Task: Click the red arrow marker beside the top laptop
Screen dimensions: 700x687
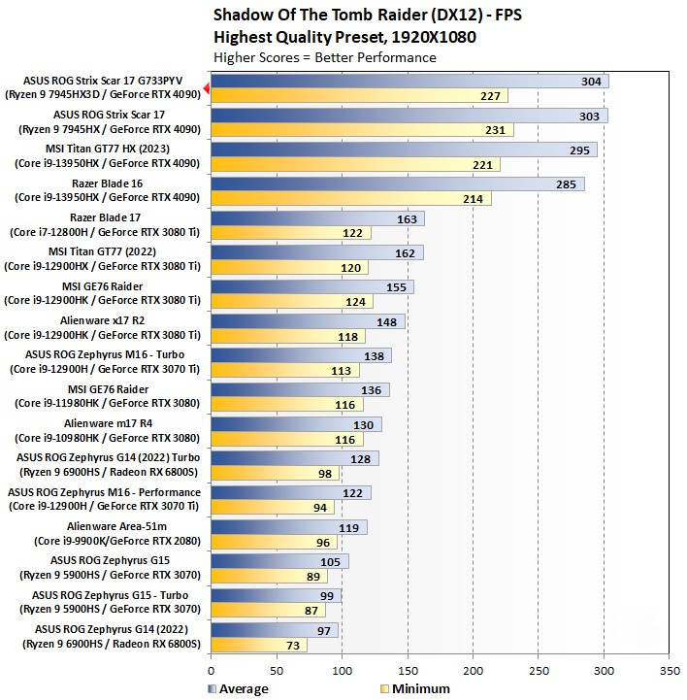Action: (207, 88)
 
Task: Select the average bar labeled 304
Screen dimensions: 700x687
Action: (408, 82)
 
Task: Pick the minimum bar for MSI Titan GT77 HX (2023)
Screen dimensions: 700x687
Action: (354, 164)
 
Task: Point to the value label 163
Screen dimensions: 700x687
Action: (408, 218)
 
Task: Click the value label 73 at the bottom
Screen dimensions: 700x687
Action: (292, 645)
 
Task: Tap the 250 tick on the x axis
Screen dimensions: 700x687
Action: (539, 670)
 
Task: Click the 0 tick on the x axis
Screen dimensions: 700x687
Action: (211, 670)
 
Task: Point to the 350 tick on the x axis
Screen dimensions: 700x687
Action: (670, 670)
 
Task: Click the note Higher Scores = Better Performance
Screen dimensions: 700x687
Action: (324, 57)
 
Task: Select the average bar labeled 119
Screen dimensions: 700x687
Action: (288, 526)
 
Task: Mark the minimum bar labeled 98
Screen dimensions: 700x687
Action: (274, 474)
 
